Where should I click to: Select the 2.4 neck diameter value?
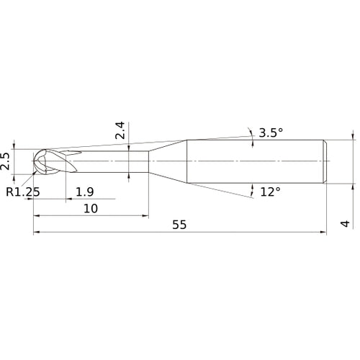(x=120, y=130)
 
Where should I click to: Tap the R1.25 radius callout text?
(x=22, y=192)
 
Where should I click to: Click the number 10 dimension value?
(x=91, y=208)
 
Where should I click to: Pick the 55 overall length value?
(x=179, y=225)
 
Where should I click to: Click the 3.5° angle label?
(x=270, y=132)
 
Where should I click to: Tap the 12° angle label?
(x=270, y=192)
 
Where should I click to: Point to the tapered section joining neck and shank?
(x=167, y=161)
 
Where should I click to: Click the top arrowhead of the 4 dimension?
(x=353, y=135)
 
